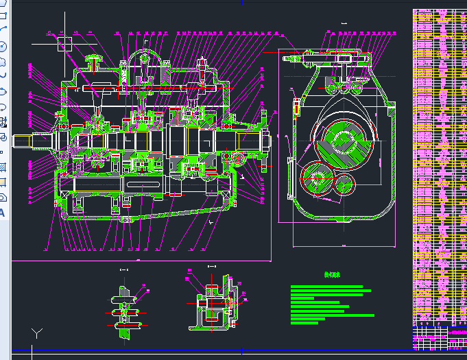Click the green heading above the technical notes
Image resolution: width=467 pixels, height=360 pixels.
click(333, 275)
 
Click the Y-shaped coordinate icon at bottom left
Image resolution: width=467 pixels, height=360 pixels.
click(37, 334)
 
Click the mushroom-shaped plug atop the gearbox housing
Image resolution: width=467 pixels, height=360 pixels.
click(93, 62)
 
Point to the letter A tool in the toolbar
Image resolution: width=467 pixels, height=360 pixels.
click(3, 212)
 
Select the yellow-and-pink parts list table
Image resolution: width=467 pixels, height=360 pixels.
click(439, 165)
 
